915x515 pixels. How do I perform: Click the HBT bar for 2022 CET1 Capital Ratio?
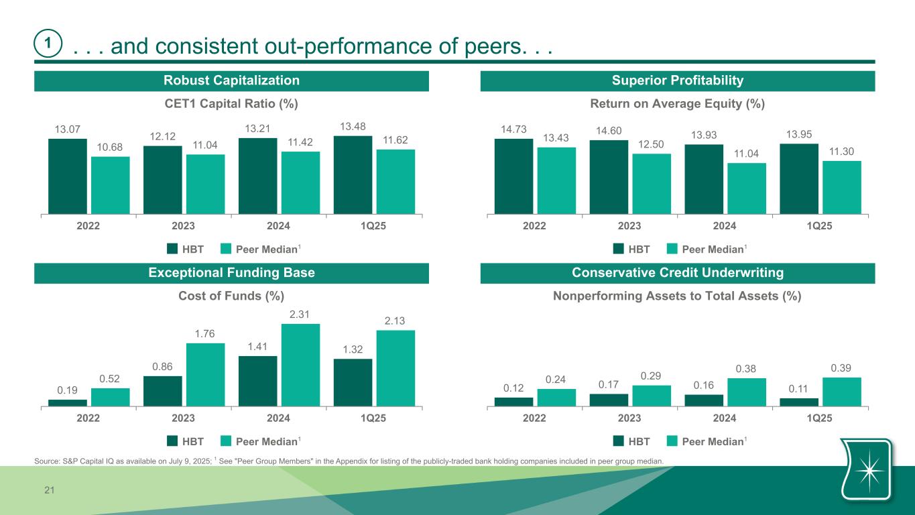pyautogui.click(x=68, y=176)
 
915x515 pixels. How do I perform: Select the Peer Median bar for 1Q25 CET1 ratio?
pyautogui.click(x=395, y=182)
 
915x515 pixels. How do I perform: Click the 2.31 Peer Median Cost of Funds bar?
pyautogui.click(x=300, y=365)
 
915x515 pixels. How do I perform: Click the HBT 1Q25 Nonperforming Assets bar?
pyautogui.click(x=799, y=402)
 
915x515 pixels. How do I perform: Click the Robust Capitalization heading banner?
pyautogui.click(x=232, y=81)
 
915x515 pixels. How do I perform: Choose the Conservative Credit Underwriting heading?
pyautogui.click(x=678, y=273)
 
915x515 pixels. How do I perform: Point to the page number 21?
pyautogui.click(x=49, y=492)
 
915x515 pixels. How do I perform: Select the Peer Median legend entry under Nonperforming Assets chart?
pyautogui.click(x=713, y=441)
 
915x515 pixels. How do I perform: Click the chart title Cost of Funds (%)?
pyautogui.click(x=231, y=296)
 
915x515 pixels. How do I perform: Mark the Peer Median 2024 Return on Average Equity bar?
pyautogui.click(x=747, y=188)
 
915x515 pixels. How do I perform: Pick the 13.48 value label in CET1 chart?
pyautogui.click(x=353, y=127)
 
